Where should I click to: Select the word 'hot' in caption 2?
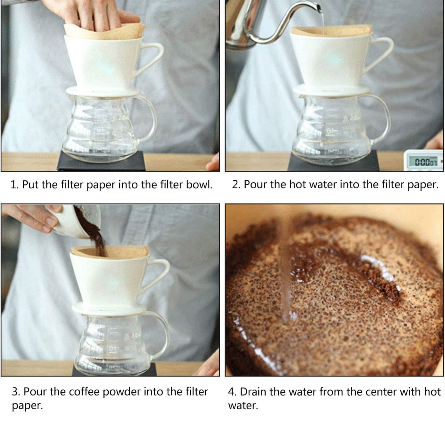(299, 185)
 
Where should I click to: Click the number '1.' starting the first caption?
(14, 185)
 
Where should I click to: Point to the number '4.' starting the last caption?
(232, 392)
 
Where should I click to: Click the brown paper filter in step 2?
(331, 30)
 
